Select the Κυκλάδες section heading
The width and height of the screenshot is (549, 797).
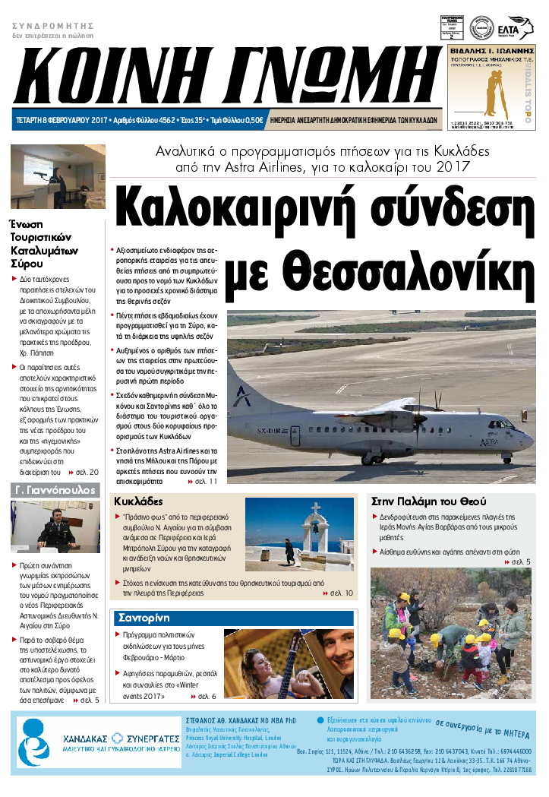tap(139, 501)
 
